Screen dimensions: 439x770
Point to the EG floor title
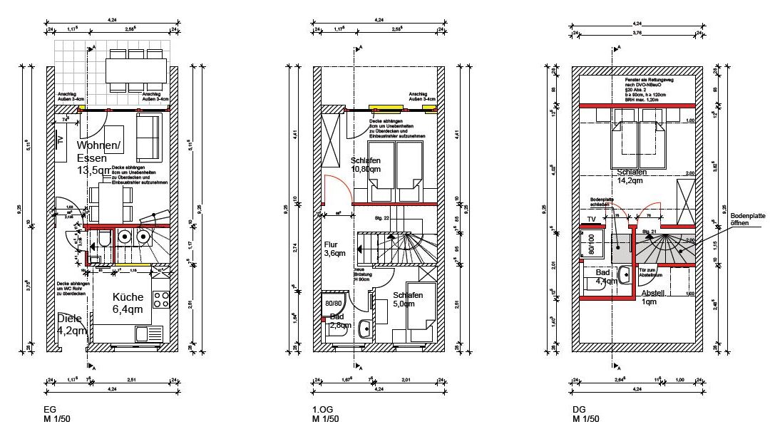(x=49, y=410)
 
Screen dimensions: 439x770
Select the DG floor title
(x=579, y=410)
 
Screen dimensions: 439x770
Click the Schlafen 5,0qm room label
(x=408, y=299)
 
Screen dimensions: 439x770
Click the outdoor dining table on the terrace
(x=129, y=70)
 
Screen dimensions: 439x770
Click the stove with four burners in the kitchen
(x=161, y=302)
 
